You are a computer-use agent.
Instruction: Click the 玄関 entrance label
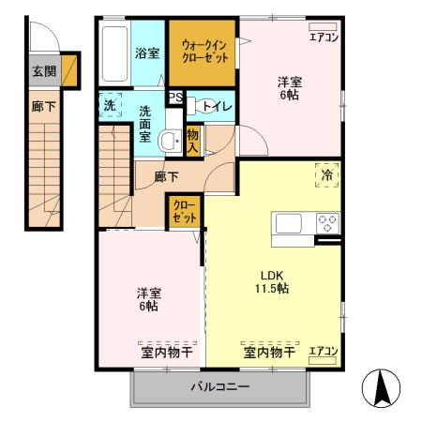click(x=43, y=70)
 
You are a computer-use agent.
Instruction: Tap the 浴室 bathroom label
click(x=147, y=53)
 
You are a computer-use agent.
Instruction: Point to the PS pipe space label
click(x=175, y=96)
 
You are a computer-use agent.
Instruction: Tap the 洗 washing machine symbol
click(x=109, y=104)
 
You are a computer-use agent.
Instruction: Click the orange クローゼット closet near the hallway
click(x=185, y=210)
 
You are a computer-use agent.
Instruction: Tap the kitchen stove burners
click(x=327, y=224)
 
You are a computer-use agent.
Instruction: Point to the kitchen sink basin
click(x=287, y=224)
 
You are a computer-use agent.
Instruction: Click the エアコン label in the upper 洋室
click(x=324, y=38)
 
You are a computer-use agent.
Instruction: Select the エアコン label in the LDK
click(x=324, y=351)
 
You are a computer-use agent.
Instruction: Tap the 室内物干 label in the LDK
click(x=270, y=353)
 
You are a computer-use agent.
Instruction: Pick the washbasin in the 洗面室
click(x=169, y=142)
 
